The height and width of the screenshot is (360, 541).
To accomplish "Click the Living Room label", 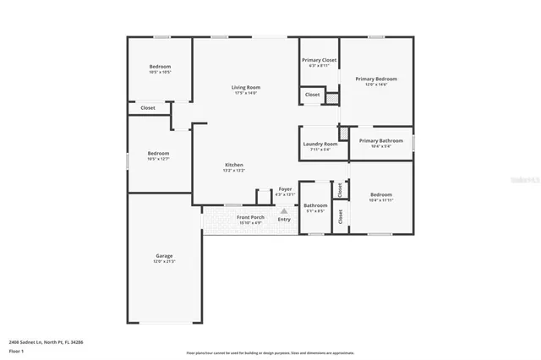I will pyautogui.click(x=246, y=87).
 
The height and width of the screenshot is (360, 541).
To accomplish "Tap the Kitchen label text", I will pyautogui.click(x=234, y=164).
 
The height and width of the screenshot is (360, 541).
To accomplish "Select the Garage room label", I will pyautogui.click(x=164, y=255).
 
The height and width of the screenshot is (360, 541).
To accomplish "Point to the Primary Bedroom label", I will pyautogui.click(x=375, y=79).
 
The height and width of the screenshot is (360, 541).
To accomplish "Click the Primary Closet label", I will pyautogui.click(x=319, y=60).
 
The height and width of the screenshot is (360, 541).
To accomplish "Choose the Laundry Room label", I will pyautogui.click(x=320, y=144).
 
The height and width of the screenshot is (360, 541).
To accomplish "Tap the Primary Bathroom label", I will pyautogui.click(x=380, y=140).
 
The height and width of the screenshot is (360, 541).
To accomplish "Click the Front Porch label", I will pyautogui.click(x=250, y=218).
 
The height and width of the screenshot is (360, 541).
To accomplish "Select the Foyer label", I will pyautogui.click(x=286, y=189).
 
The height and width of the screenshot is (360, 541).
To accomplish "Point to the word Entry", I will pyautogui.click(x=284, y=220).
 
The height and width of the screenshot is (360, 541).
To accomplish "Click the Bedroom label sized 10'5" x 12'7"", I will pyautogui.click(x=161, y=154).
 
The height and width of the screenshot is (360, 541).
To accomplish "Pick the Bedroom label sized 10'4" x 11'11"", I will pyautogui.click(x=380, y=194).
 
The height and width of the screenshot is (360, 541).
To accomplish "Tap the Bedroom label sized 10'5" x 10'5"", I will pyautogui.click(x=161, y=67).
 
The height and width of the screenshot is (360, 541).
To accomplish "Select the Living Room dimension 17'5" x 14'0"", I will pyautogui.click(x=246, y=93).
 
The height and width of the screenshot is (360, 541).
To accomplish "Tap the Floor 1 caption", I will pyautogui.click(x=17, y=350).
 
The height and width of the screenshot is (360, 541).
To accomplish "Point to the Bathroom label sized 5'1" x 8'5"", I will pyautogui.click(x=315, y=205).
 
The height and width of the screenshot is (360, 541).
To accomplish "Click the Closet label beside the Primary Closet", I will pyautogui.click(x=312, y=95).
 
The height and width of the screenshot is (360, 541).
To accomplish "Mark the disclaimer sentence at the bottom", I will pyautogui.click(x=270, y=353).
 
